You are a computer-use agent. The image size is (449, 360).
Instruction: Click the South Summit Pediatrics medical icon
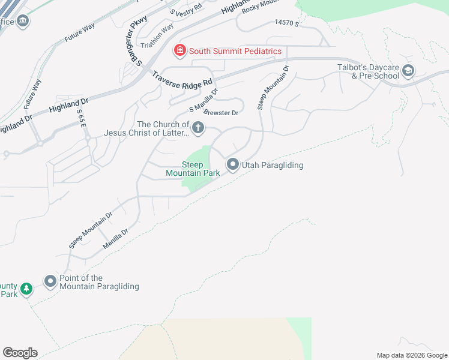point(179,51)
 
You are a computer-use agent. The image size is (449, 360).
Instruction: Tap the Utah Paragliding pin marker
point(233,164)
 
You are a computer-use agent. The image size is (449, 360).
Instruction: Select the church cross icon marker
point(198,128)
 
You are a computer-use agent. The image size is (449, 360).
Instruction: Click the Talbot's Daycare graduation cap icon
point(408,71)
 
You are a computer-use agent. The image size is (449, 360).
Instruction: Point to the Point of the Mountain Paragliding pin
point(50,281)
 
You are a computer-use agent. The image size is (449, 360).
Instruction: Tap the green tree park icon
point(26,290)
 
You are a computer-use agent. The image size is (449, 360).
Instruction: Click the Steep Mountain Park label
point(193,169)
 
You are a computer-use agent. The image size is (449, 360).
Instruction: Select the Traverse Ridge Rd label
point(182,78)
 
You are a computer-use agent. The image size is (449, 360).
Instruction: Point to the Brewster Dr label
point(221,112)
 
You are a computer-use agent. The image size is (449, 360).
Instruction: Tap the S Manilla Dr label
point(203,101)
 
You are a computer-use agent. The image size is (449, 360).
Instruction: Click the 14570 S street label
point(286,22)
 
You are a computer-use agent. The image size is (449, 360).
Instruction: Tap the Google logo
point(20,352)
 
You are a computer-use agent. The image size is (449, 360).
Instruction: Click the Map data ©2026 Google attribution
point(411,355)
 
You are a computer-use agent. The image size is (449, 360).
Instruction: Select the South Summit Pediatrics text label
point(235,51)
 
